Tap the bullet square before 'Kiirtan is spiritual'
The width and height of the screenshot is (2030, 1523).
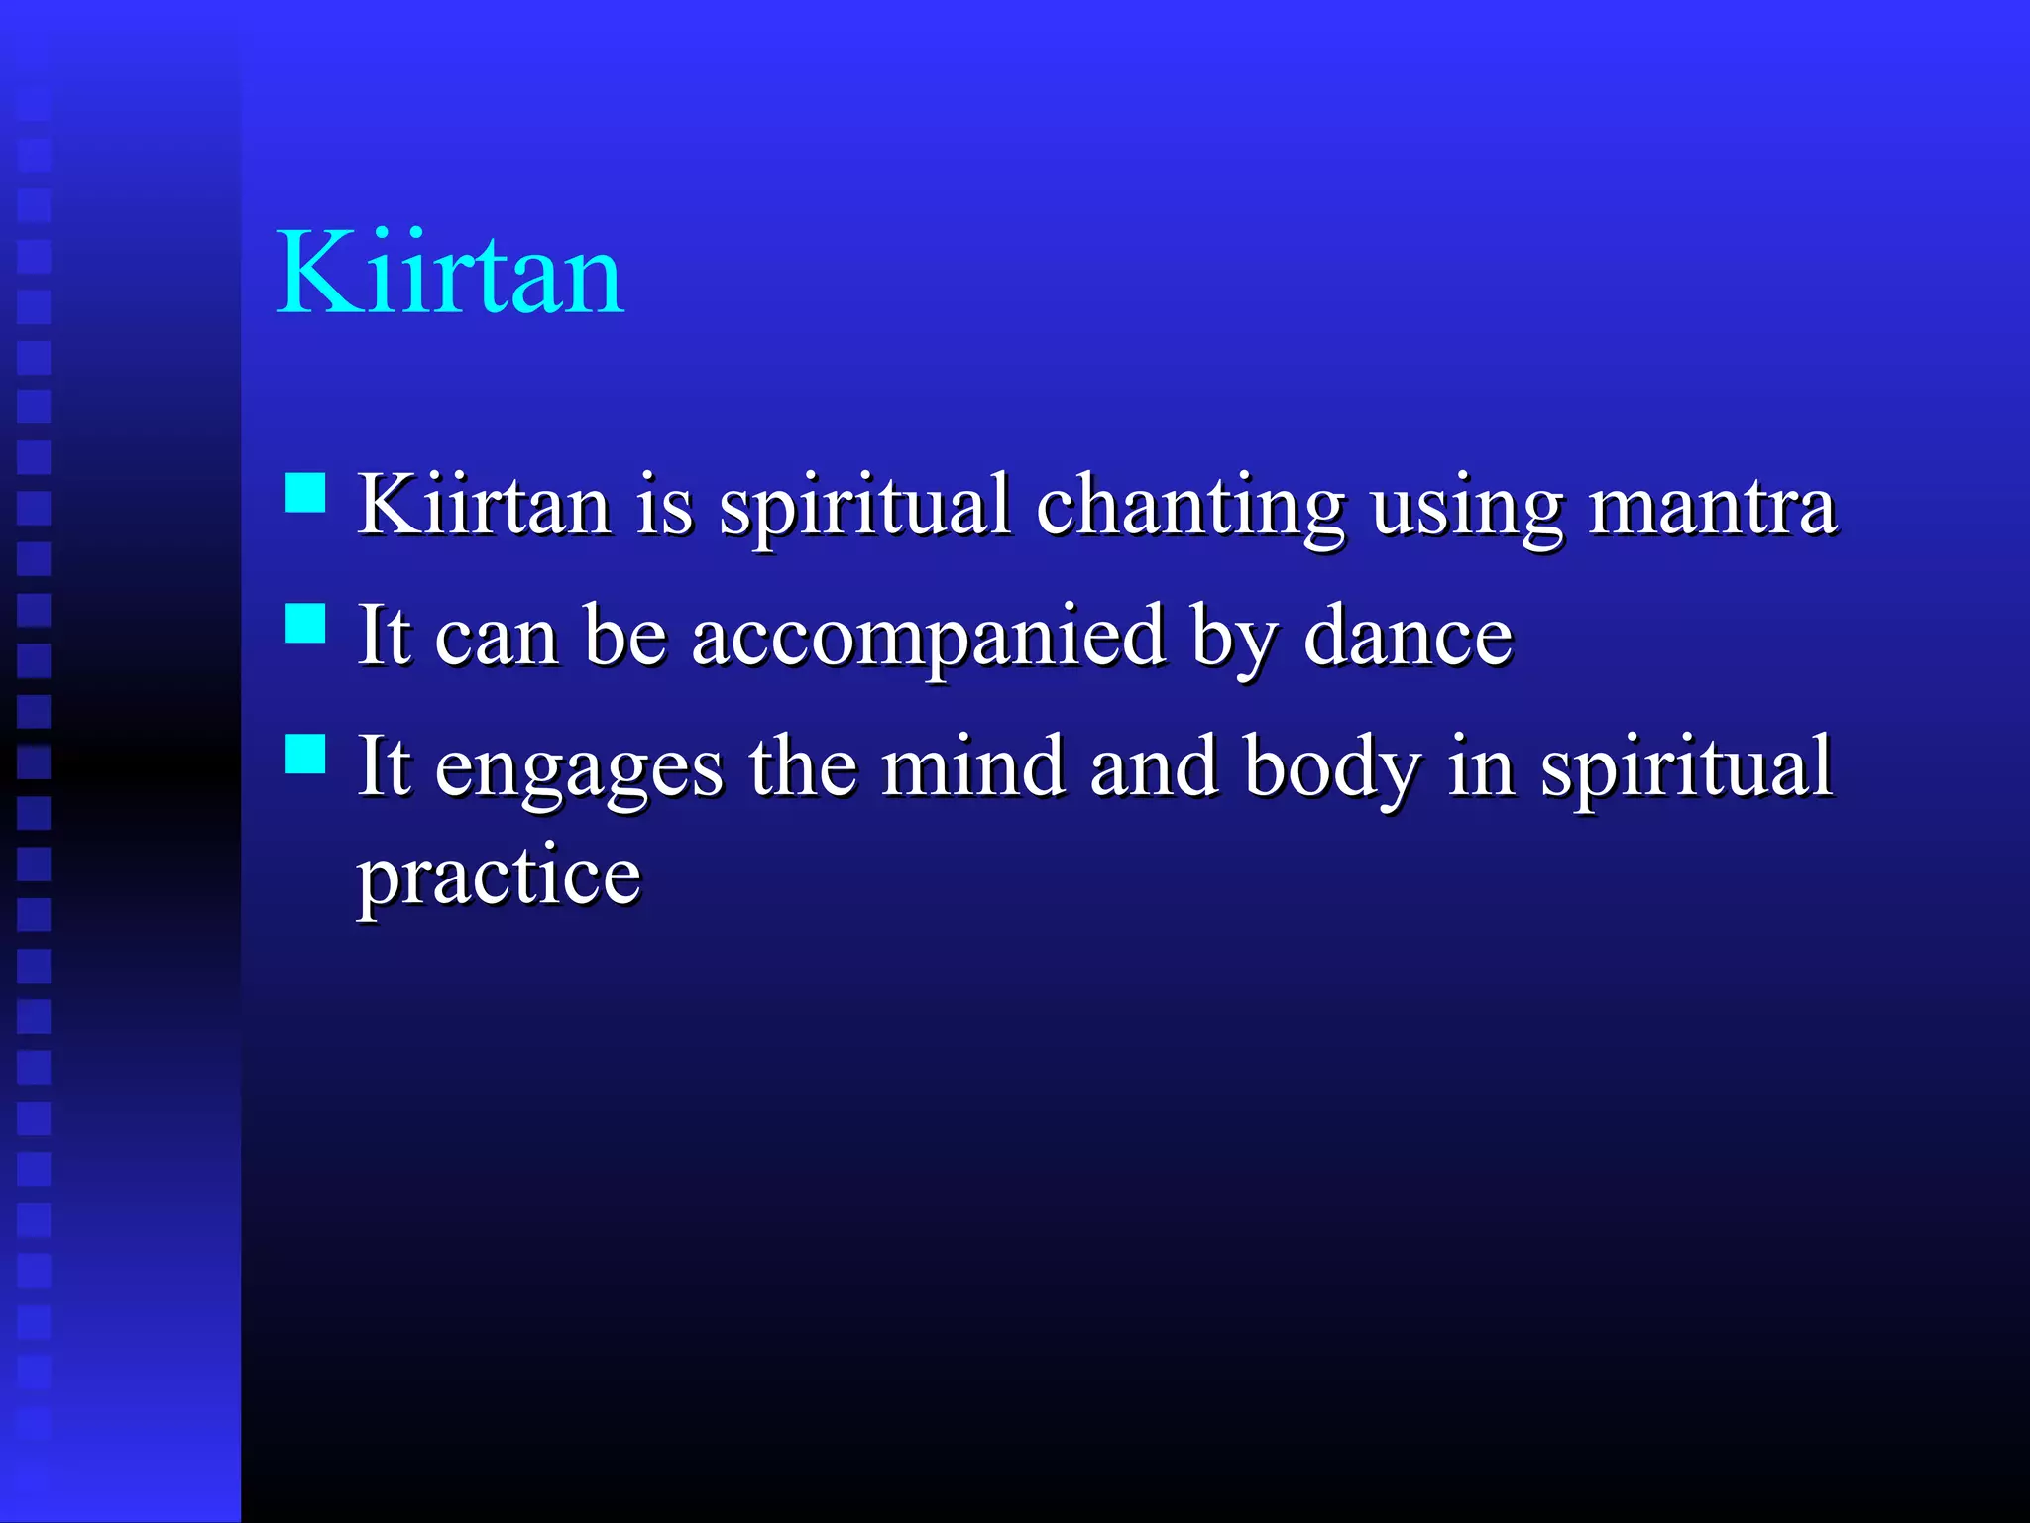point(305,492)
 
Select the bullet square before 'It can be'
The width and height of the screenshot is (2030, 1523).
point(305,624)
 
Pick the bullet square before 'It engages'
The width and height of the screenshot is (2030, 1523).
point(305,754)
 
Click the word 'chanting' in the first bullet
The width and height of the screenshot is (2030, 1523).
point(1189,508)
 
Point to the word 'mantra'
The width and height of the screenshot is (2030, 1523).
point(1713,508)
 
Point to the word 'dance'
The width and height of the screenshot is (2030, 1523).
point(1408,637)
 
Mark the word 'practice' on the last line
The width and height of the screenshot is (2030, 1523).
point(499,879)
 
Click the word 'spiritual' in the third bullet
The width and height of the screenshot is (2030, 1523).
point(1685,768)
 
